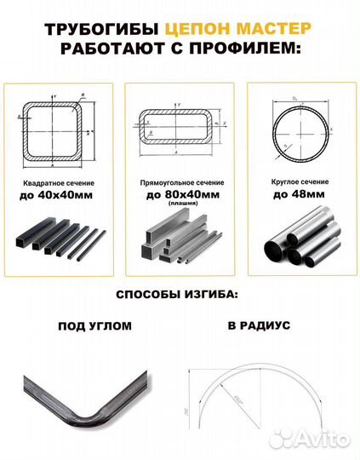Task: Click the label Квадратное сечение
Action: coord(57,183)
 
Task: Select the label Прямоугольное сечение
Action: coord(179,183)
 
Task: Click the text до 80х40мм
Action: coord(179,195)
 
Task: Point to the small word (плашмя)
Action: coord(180,204)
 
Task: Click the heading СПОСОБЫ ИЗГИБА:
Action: coord(180,295)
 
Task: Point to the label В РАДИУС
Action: coord(260,326)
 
